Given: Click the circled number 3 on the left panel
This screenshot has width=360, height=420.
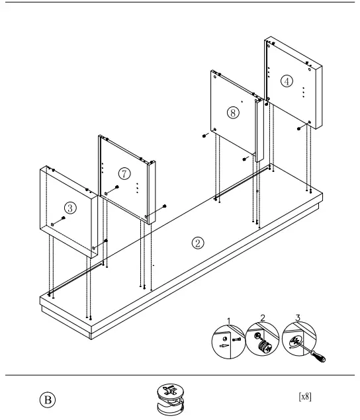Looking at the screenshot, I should (71, 207).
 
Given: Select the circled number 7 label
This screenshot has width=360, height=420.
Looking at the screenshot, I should (124, 173).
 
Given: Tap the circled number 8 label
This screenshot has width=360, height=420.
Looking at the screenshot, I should (232, 112).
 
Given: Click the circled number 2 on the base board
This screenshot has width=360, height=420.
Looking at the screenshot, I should (197, 242).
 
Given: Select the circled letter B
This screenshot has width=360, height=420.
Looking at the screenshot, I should (49, 399).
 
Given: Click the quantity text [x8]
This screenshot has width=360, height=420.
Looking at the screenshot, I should (305, 397).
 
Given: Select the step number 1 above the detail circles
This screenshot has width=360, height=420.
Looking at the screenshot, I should (230, 321).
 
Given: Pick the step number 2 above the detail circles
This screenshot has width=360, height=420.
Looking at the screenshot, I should (263, 318).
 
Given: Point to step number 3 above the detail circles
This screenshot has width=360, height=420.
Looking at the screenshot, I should (297, 318).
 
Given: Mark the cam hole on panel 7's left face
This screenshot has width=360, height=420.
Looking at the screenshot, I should (106, 193).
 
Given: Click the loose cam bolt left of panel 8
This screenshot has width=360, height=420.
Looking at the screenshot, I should (205, 136).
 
